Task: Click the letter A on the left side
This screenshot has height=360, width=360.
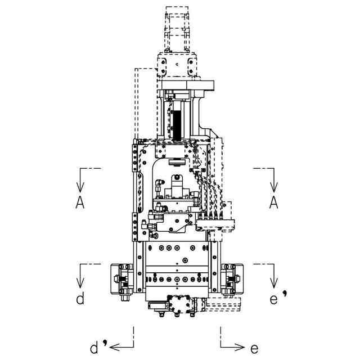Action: tap(80, 202)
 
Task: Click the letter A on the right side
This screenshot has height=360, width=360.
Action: tap(273, 202)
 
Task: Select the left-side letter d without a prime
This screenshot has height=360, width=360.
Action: tap(80, 298)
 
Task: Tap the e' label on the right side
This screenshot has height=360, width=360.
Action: tap(278, 298)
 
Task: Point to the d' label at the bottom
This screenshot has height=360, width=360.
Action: tap(99, 346)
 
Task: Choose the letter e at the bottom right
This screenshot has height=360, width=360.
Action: tap(254, 349)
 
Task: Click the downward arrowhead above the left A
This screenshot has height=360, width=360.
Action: tap(80, 187)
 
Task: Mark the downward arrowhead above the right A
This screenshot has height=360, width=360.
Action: tap(273, 187)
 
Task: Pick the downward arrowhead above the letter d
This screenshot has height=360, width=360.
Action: tap(80, 283)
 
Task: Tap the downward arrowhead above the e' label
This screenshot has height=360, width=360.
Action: tap(273, 283)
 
